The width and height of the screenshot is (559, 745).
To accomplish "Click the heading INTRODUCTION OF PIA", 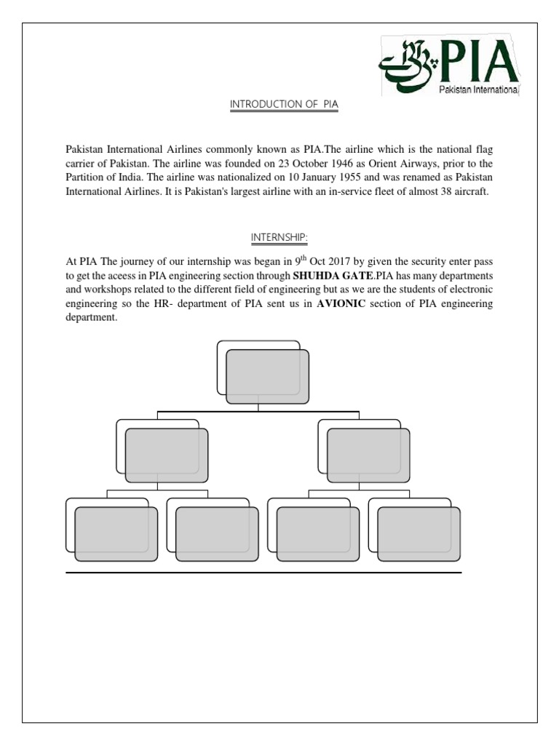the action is click(285, 105).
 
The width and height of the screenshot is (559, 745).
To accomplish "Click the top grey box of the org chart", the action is click(267, 377).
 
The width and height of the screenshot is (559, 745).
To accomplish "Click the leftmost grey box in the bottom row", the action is click(116, 535).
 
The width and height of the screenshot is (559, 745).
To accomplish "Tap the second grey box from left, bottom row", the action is click(217, 535).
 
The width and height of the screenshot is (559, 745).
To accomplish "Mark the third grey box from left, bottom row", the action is click(318, 535).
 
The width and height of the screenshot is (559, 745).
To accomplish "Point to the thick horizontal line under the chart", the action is click(263, 573).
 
